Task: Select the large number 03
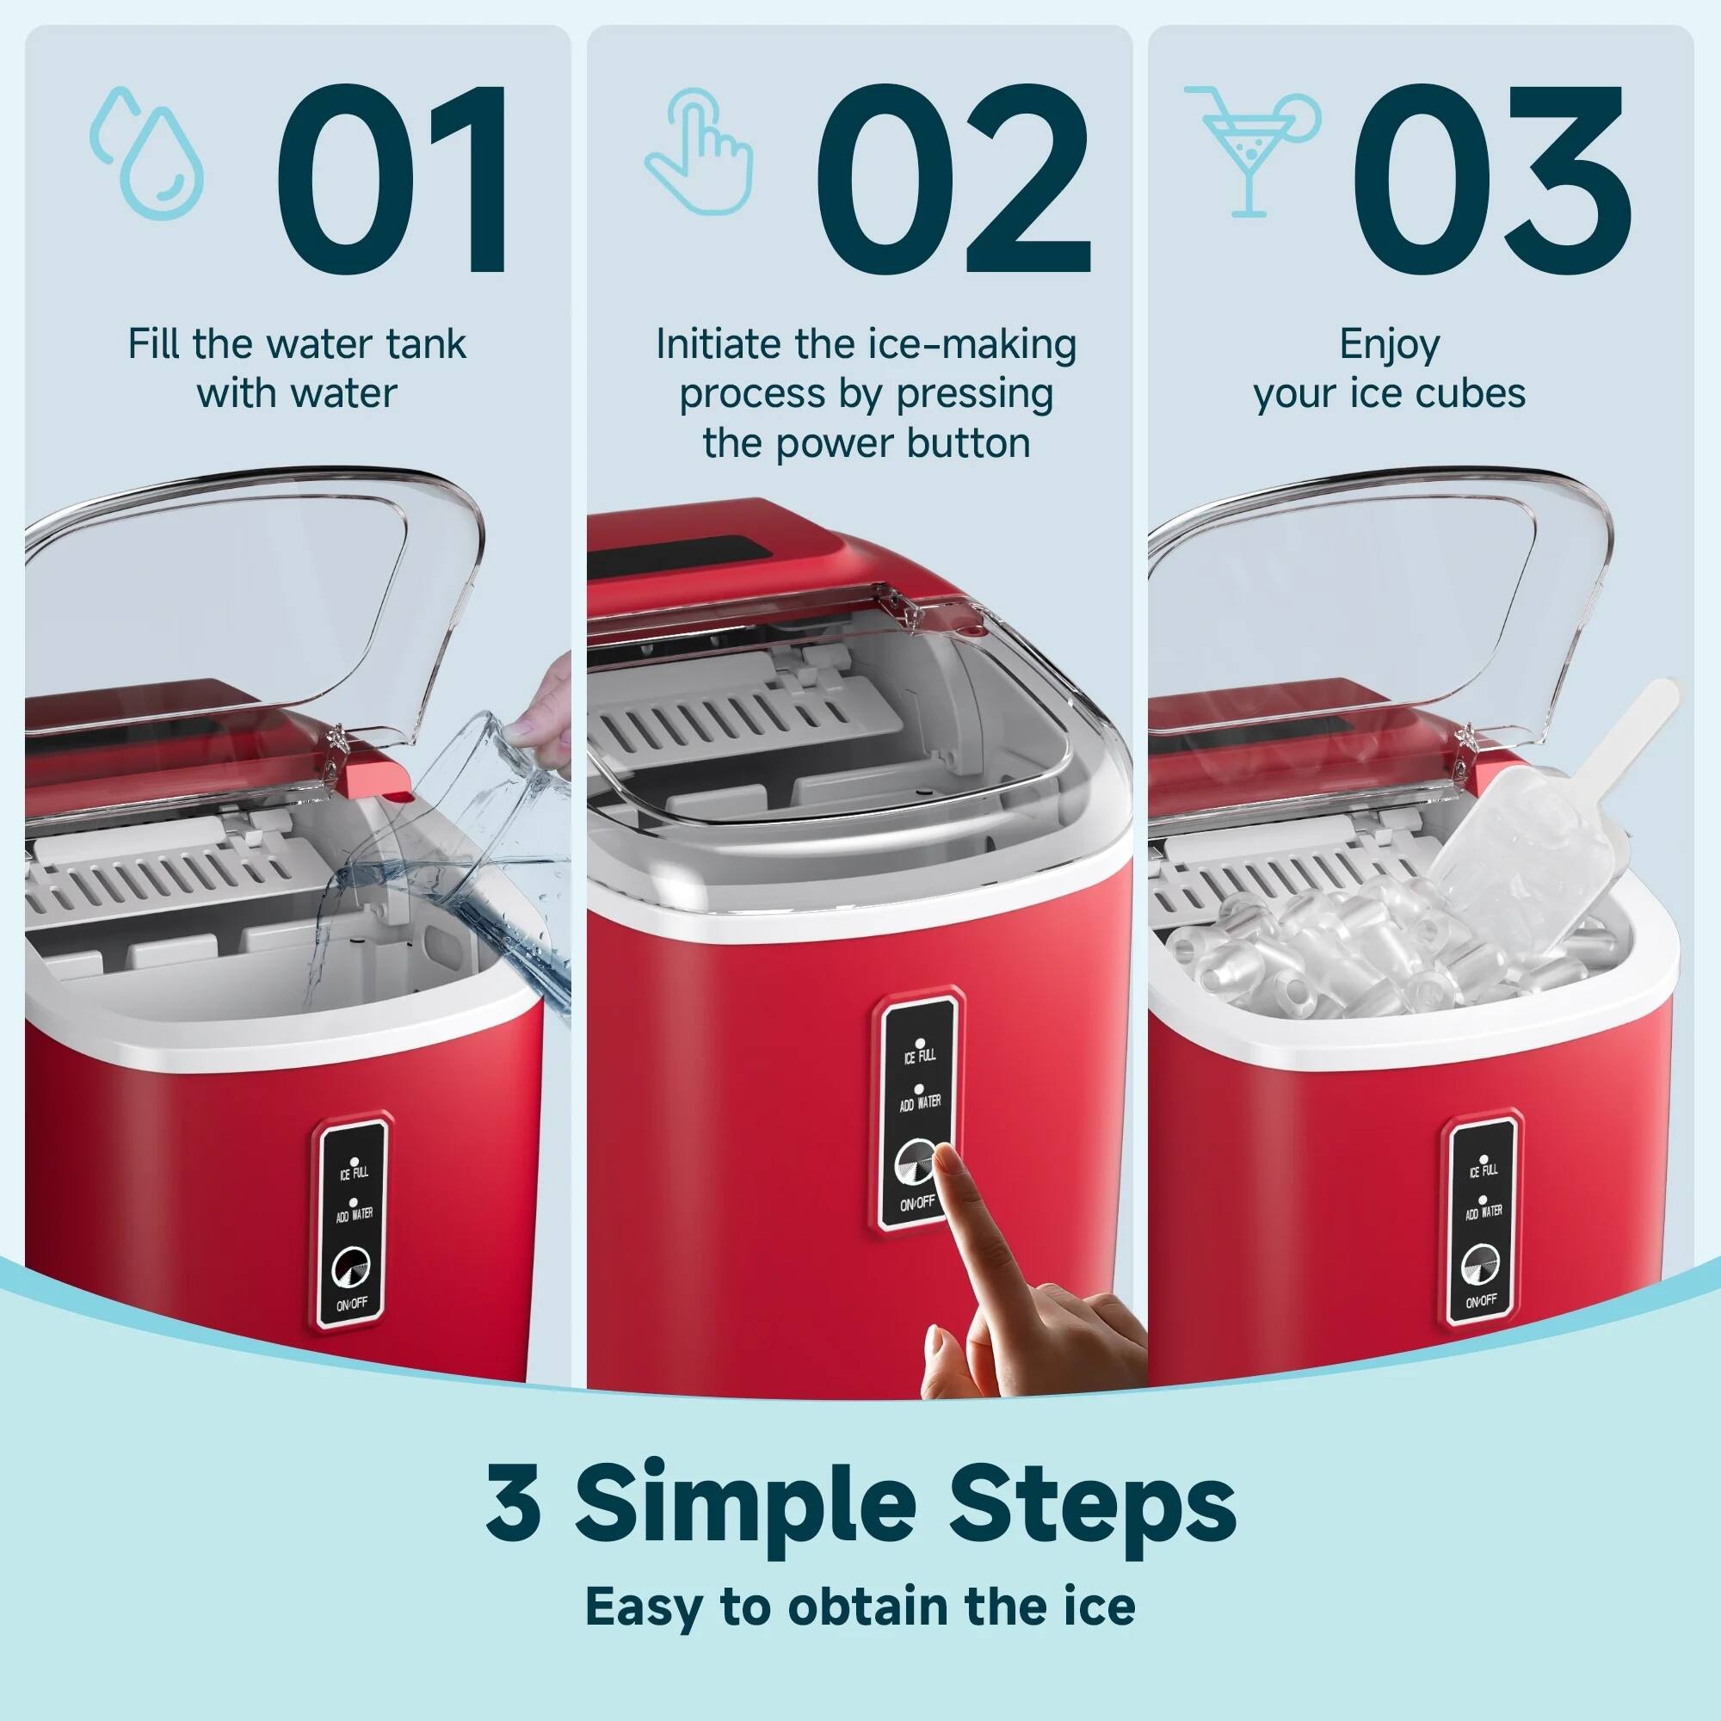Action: pos(1491,177)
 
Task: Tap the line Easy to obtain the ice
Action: pos(860,1607)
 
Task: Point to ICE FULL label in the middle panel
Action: pos(920,1056)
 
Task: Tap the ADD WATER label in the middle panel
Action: pos(920,1102)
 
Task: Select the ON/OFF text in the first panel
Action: pos(352,1303)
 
